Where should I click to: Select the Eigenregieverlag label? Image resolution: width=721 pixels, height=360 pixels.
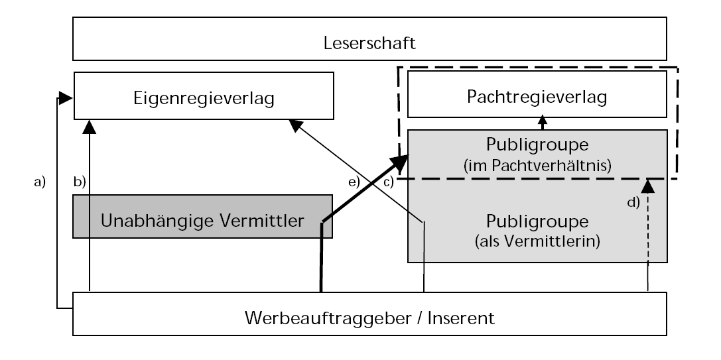point(202,99)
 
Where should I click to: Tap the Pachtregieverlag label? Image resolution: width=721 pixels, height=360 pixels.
point(537,97)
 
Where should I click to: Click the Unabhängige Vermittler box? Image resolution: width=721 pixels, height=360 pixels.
point(202,220)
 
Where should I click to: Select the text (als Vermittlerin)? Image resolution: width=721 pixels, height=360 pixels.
point(537,241)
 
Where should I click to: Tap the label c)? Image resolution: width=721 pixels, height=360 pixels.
point(387,181)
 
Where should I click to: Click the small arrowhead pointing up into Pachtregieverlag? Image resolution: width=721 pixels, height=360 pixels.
point(543,120)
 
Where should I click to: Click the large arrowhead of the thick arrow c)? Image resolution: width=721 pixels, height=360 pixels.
point(400,161)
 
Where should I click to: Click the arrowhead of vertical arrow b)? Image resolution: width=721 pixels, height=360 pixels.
point(89,125)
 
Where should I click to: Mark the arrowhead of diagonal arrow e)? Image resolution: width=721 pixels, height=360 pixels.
point(294,125)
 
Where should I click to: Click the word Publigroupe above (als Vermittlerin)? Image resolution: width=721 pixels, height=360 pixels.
point(537,219)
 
